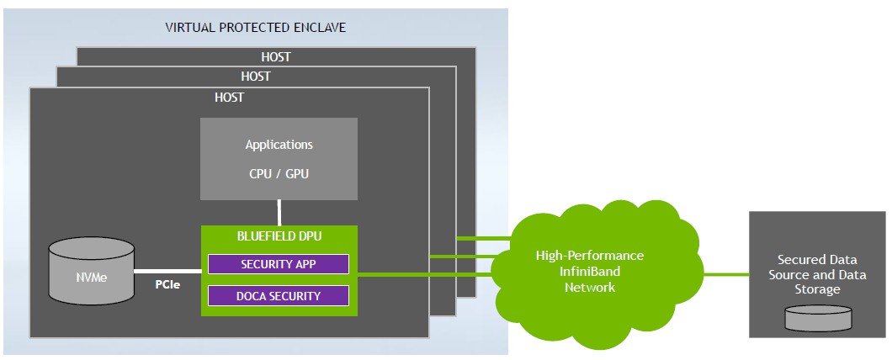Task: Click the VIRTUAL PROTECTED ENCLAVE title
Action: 255,28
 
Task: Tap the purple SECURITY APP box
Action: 278,264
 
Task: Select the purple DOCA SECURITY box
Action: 278,295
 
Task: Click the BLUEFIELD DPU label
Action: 278,237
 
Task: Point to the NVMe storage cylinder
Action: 91,272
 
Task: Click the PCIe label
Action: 167,284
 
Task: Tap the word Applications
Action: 279,145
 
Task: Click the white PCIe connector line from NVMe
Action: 167,272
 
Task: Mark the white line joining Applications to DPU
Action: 279,212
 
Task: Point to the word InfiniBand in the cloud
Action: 590,272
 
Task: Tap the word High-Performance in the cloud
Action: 590,256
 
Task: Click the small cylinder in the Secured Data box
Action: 817,318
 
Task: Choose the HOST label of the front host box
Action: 229,98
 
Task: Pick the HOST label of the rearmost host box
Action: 276,57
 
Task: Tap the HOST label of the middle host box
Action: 255,76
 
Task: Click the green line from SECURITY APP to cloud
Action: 421,273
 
